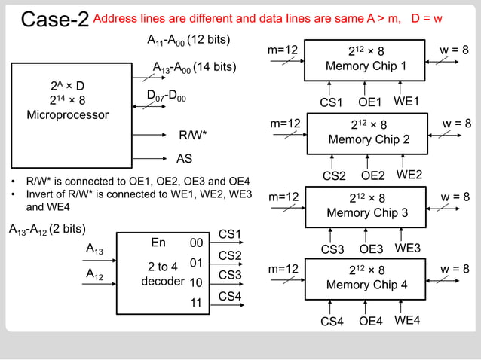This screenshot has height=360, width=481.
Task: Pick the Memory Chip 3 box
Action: [x=366, y=206]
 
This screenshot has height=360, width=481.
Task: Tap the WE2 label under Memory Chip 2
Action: [x=409, y=175]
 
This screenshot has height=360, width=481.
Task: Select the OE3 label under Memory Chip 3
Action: [x=370, y=249]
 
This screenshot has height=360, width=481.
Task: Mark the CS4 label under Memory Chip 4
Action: [x=332, y=322]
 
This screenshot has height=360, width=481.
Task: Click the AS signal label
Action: [x=184, y=159]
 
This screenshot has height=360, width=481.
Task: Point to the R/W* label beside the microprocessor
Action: [x=192, y=136]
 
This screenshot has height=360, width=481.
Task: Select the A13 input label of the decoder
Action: [x=95, y=249]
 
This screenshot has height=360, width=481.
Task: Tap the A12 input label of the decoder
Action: [x=95, y=276]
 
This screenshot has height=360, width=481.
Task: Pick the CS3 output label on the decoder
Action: [x=230, y=276]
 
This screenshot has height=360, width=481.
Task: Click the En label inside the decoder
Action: [x=158, y=243]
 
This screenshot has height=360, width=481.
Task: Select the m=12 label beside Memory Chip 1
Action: [x=284, y=50]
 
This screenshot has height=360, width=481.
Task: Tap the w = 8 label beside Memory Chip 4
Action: [x=456, y=268]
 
